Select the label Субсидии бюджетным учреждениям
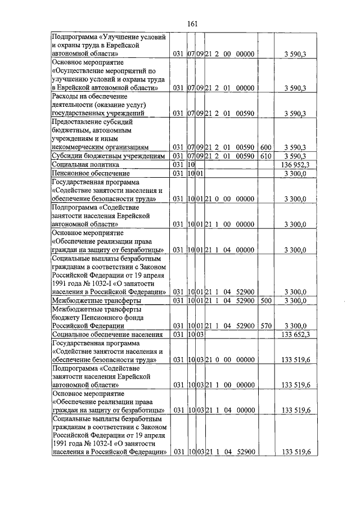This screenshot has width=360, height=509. click(108, 156)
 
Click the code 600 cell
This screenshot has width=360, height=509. click(266, 147)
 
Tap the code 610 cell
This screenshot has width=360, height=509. click(266, 156)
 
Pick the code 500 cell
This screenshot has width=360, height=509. click(266, 300)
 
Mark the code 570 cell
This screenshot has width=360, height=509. click(266, 326)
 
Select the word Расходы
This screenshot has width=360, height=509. click(66, 96)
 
